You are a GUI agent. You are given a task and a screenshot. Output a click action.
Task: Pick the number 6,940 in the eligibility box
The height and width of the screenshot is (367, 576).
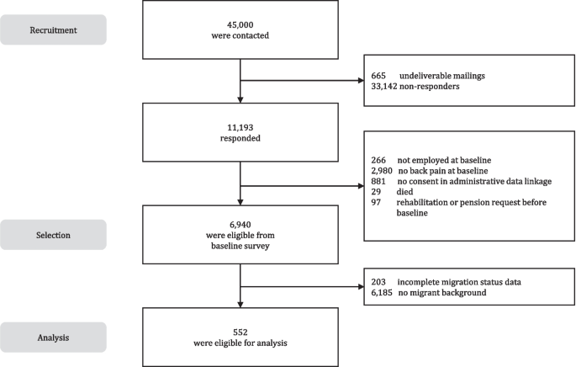tap(241, 221)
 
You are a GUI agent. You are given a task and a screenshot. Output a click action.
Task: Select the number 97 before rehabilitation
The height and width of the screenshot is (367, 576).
tap(375, 204)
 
